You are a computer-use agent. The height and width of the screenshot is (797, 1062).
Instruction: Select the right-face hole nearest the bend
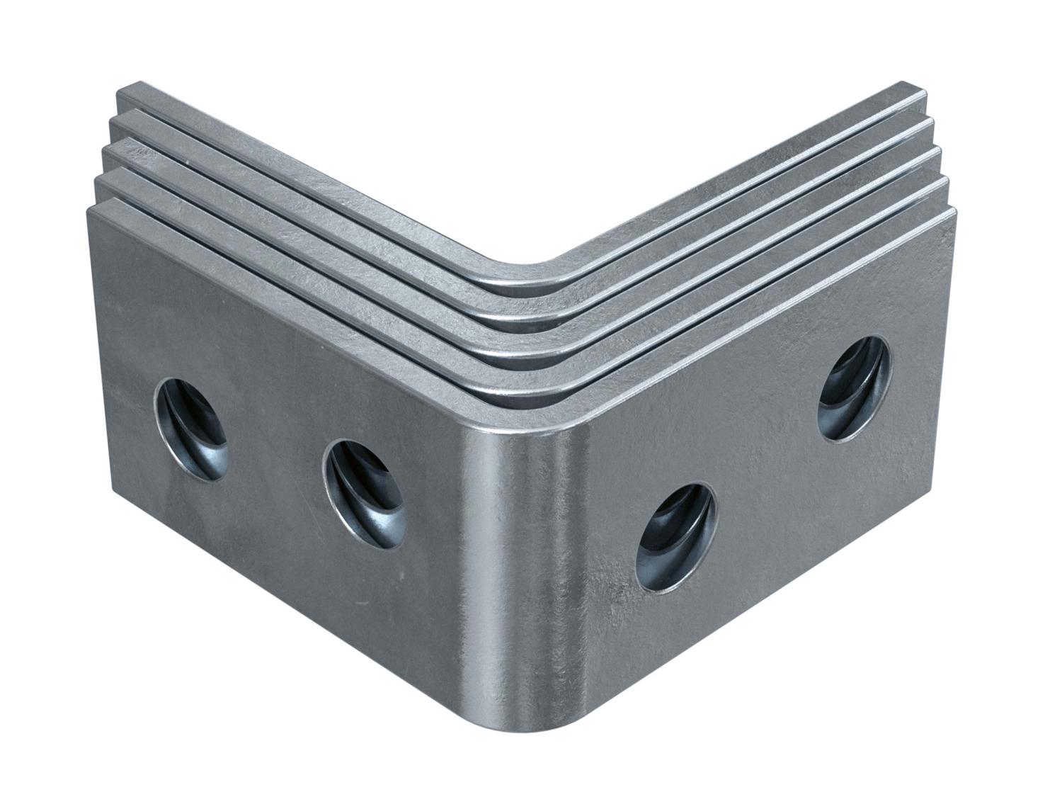point(677,537)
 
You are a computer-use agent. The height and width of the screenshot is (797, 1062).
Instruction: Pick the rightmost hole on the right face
point(855,388)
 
